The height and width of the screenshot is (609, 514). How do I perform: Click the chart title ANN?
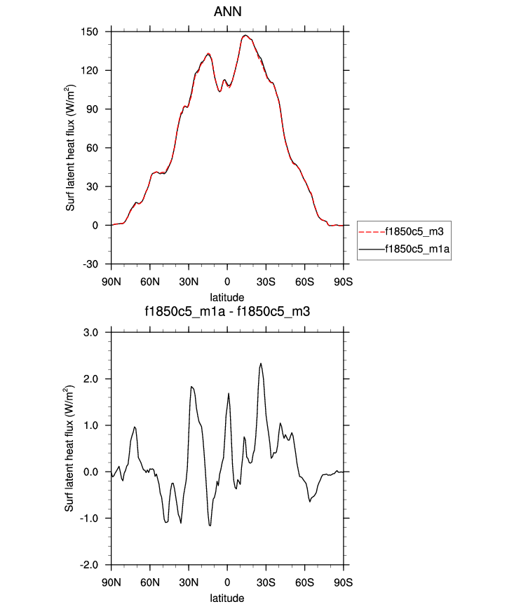(x=226, y=12)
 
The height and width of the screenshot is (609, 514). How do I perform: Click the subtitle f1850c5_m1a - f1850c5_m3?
(x=226, y=313)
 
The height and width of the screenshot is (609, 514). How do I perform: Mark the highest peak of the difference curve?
(x=261, y=363)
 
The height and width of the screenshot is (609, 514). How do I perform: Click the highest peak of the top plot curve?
(x=245, y=35)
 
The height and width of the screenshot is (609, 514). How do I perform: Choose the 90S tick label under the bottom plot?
(x=343, y=582)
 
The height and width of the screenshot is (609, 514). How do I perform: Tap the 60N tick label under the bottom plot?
(x=150, y=582)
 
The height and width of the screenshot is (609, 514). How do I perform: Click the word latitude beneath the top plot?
(x=227, y=297)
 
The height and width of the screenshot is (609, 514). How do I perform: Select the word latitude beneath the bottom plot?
(x=227, y=598)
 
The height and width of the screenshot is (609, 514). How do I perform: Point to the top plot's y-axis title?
(x=71, y=148)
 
